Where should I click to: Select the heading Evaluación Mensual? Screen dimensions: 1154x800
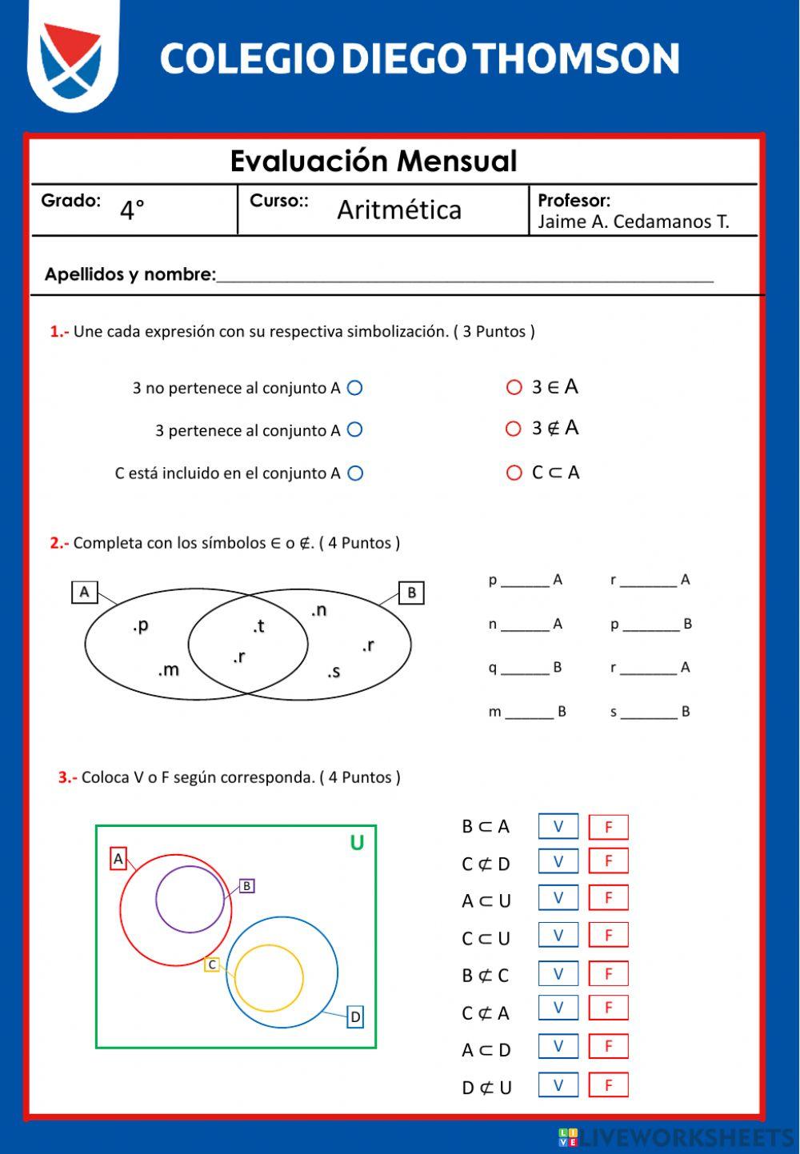tap(374, 162)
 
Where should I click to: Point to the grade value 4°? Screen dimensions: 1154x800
tap(132, 210)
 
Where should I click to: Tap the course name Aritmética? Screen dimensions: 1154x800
tap(399, 210)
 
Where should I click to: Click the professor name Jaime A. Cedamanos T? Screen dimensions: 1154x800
tap(633, 222)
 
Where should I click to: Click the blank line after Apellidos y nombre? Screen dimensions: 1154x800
tap(464, 276)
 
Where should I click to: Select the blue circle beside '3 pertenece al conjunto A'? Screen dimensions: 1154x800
tap(355, 430)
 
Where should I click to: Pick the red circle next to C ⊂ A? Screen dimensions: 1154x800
tap(514, 473)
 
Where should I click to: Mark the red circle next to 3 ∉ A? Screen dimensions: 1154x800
tap(514, 429)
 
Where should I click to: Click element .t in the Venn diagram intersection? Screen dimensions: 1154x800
tap(258, 626)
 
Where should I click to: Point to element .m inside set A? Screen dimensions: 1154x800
tap(169, 670)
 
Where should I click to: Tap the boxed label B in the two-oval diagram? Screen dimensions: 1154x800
tap(411, 593)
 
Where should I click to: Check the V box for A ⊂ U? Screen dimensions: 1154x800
tap(558, 898)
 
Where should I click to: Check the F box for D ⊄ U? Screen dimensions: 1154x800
tap(608, 1085)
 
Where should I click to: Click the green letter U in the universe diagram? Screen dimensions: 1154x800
tap(357, 843)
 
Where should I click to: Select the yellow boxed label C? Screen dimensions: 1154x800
tap(212, 964)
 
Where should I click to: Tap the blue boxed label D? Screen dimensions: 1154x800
tap(355, 1017)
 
